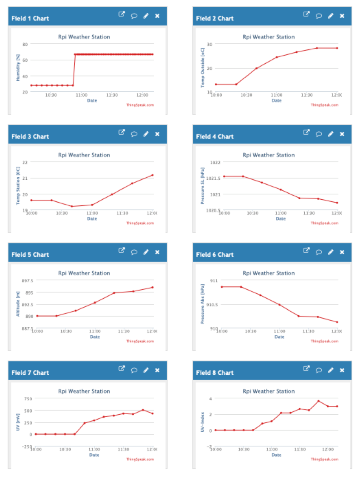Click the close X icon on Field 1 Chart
(157, 16)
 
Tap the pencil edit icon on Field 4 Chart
(330, 134)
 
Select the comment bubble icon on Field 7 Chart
(134, 371)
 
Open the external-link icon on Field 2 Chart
(306, 14)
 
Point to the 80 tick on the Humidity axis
(25, 44)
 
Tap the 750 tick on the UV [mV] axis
(28, 399)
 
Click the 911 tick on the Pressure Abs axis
(213, 280)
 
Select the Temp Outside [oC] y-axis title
(203, 68)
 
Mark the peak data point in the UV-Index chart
(318, 401)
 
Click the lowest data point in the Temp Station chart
(72, 206)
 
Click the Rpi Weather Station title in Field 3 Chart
(84, 155)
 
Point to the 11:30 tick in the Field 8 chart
(300, 449)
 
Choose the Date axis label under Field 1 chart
(92, 101)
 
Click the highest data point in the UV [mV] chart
(143, 410)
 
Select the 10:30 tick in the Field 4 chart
(252, 213)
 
